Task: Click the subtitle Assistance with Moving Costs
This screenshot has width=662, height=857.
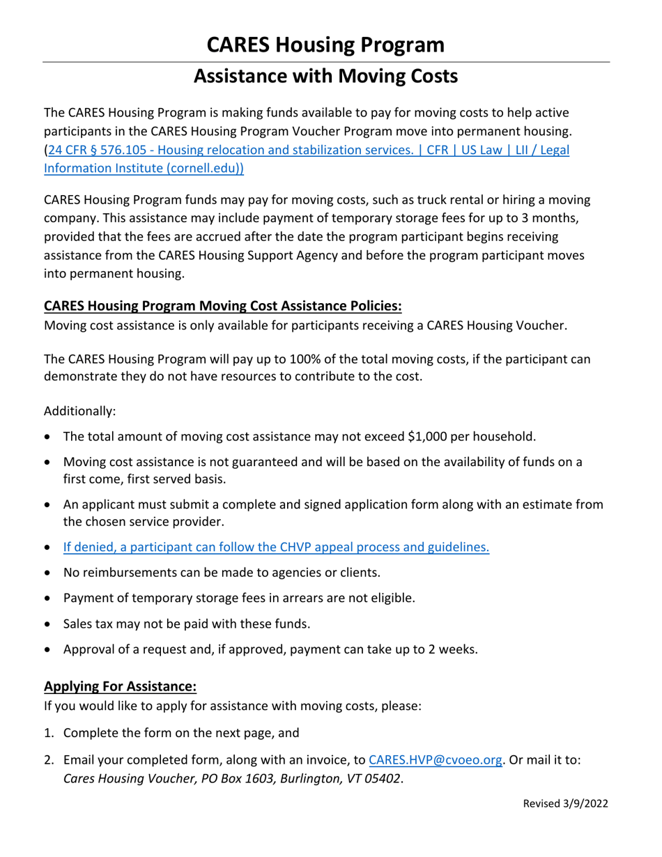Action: point(325,76)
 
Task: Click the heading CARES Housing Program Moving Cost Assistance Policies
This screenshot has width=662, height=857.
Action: point(223,306)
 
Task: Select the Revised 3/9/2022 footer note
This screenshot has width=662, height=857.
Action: point(566,803)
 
